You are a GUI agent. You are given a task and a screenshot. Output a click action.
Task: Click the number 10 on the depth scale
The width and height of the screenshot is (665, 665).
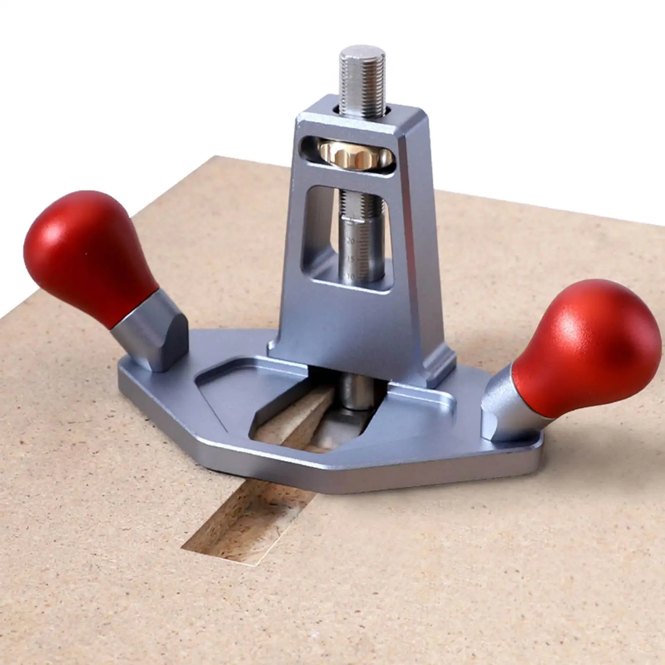pyautogui.click(x=350, y=276)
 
